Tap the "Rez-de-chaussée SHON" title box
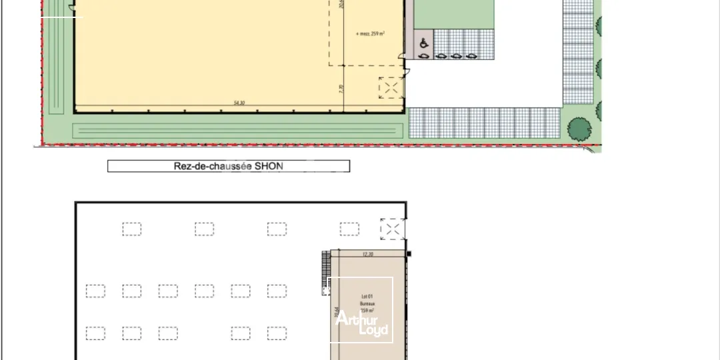(x=229, y=166)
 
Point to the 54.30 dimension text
(x=239, y=103)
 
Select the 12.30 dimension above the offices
(x=367, y=254)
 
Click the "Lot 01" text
(x=367, y=296)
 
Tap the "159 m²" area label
(x=367, y=311)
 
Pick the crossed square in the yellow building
(x=390, y=88)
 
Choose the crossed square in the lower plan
(x=392, y=229)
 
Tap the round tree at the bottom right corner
(x=579, y=128)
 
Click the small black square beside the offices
(x=409, y=254)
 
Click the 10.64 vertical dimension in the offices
(x=335, y=312)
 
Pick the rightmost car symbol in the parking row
(x=472, y=57)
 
